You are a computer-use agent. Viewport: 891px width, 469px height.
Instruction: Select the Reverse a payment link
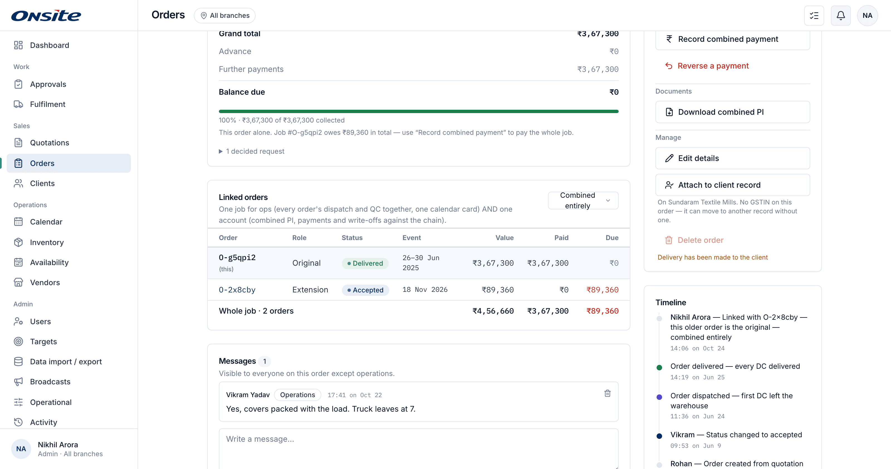click(707, 66)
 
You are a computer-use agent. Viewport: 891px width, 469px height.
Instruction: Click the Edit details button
click(732, 158)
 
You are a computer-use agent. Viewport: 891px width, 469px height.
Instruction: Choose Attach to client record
click(732, 185)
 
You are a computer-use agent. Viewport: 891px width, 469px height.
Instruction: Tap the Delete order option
click(694, 240)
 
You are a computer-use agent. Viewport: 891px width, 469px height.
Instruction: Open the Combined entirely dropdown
click(583, 201)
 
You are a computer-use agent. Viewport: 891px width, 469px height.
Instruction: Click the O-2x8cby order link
click(237, 290)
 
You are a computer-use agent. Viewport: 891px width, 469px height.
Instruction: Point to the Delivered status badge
click(365, 263)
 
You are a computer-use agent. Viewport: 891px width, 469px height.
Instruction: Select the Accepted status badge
click(365, 290)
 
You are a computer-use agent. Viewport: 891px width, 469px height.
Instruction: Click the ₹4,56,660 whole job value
click(493, 311)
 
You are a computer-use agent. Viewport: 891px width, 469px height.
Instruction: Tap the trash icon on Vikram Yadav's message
click(607, 393)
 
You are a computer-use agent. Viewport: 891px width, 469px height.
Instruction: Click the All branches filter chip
click(224, 16)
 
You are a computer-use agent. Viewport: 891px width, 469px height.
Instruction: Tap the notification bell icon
click(841, 16)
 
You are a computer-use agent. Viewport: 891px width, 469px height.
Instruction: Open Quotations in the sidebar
click(50, 143)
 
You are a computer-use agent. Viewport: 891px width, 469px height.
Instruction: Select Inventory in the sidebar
click(47, 243)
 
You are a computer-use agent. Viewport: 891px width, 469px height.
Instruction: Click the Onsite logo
click(46, 16)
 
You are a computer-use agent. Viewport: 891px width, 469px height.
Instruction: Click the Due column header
click(612, 238)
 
